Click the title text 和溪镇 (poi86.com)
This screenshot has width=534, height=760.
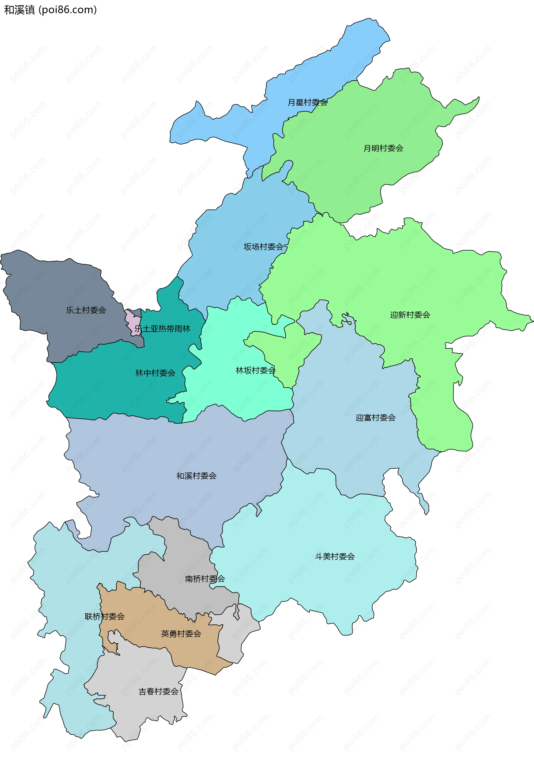click(50, 10)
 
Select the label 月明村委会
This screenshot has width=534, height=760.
click(383, 148)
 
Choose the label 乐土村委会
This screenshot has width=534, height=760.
click(86, 310)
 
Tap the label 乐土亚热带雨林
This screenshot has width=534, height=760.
click(162, 329)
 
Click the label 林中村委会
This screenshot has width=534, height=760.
click(155, 373)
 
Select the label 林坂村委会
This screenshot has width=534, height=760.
click(256, 371)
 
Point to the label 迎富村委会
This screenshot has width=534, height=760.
click(376, 418)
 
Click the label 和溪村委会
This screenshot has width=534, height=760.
click(196, 476)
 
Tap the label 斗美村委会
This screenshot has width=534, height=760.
click(335, 557)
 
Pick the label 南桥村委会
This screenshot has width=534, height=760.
click(205, 579)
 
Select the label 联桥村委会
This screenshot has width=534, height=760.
click(105, 617)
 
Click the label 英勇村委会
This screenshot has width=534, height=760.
click(181, 634)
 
